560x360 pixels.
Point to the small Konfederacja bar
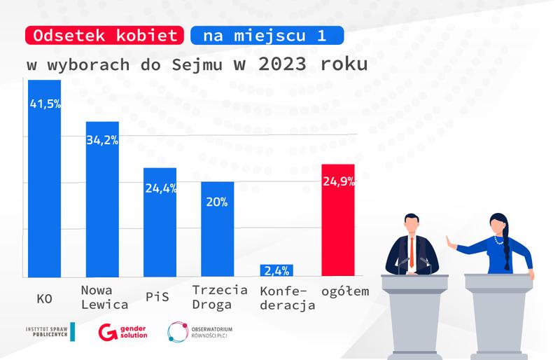(x=276, y=270)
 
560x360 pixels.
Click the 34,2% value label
(x=103, y=139)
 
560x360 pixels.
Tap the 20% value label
(x=217, y=202)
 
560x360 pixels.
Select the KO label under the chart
(x=44, y=298)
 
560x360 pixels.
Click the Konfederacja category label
(x=287, y=298)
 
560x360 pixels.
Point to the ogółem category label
(x=344, y=291)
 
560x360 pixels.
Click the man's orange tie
(x=412, y=251)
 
